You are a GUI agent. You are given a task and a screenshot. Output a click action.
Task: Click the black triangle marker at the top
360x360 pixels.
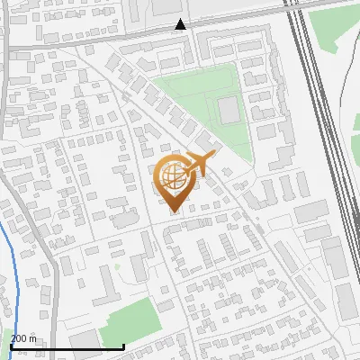pyautogui.click(x=182, y=24)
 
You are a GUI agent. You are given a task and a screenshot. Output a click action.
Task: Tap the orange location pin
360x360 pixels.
pyautogui.click(x=175, y=180)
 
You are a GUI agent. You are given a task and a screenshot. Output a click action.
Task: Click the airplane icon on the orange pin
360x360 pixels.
pyautogui.click(x=199, y=163)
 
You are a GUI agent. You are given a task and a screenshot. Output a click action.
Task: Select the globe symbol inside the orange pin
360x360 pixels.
pyautogui.click(x=173, y=174)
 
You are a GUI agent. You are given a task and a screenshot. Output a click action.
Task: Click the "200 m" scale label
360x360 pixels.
pyautogui.click(x=24, y=337)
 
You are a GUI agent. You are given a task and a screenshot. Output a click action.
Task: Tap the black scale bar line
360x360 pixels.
pyautogui.click(x=67, y=346)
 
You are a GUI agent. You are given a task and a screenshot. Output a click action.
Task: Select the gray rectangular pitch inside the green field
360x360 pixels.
pyautogui.click(x=229, y=112)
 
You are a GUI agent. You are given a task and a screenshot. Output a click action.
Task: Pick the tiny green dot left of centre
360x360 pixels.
pyautogui.click(x=117, y=266)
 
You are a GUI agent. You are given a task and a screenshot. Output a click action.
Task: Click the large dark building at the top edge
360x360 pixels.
pyautogui.click(x=166, y=7)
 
